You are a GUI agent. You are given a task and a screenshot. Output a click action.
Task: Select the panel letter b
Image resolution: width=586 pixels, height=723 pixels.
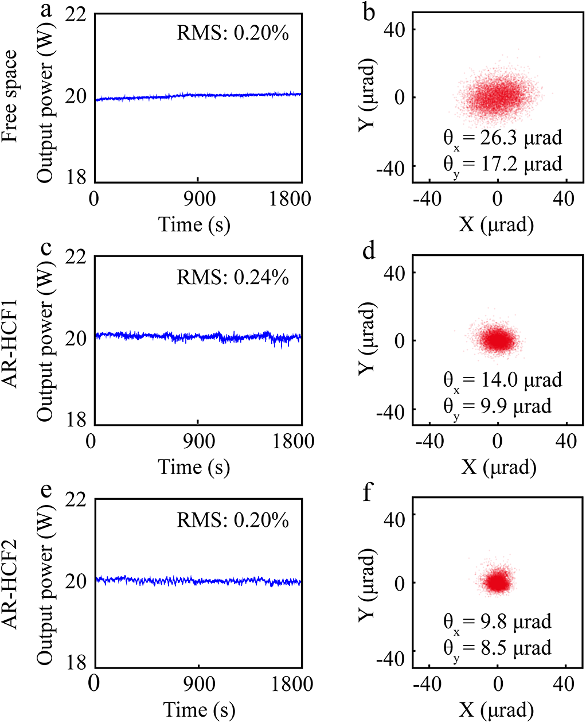pyautogui.click(x=369, y=13)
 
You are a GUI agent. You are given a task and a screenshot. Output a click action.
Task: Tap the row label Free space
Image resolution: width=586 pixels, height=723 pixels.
pyautogui.click(x=10, y=96)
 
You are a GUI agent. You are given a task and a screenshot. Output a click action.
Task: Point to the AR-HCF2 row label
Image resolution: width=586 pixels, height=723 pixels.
pyautogui.click(x=10, y=581)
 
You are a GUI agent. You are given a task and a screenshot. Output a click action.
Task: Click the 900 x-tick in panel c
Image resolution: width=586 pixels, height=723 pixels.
pyautogui.click(x=198, y=442)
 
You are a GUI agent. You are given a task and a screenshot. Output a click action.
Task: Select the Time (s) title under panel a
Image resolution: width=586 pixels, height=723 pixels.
pyautogui.click(x=194, y=224)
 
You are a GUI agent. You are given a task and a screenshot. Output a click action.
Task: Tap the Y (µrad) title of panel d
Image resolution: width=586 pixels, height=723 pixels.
pyautogui.click(x=368, y=341)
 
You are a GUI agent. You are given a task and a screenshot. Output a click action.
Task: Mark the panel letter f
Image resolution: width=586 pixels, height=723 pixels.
pyautogui.click(x=369, y=494)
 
